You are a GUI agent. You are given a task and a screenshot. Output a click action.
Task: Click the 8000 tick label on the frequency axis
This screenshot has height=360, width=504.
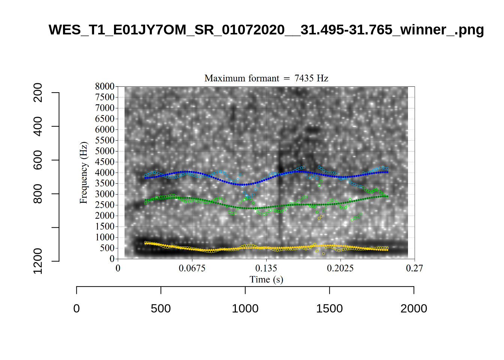[x=105, y=86]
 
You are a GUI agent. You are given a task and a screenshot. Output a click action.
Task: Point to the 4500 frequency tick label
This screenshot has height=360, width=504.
[x=105, y=162]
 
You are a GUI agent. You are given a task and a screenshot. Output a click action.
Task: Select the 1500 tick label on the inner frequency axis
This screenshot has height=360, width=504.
[x=105, y=226]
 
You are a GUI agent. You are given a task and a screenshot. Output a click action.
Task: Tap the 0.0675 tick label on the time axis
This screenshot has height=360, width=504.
[x=192, y=268]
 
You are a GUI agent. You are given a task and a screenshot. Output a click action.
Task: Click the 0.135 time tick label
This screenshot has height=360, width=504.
[x=266, y=268]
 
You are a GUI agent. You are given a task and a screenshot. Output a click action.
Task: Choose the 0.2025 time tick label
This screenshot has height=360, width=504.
[x=340, y=268]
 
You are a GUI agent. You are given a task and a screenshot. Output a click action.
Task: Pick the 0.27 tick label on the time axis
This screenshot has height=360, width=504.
[x=414, y=268]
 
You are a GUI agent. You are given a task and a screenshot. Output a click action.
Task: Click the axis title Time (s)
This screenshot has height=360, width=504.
[x=266, y=279]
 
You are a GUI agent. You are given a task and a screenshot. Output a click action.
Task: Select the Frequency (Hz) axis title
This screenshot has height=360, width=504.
[x=83, y=172]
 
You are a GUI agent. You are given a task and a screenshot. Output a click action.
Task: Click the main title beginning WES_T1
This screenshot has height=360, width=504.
[x=266, y=30]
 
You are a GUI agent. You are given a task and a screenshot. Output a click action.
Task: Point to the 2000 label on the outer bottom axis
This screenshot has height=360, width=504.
[x=414, y=309]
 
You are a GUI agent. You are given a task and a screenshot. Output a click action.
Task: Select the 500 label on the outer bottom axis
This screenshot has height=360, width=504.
[x=161, y=309]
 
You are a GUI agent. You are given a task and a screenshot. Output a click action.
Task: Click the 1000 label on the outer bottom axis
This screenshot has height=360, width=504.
[x=245, y=309]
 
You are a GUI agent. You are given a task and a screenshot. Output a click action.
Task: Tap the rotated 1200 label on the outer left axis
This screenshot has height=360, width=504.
[x=38, y=261]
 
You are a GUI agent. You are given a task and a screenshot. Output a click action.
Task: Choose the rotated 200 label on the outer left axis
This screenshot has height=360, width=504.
[x=38, y=93]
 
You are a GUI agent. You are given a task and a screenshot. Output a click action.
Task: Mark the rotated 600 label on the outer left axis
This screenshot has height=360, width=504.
[x=38, y=160]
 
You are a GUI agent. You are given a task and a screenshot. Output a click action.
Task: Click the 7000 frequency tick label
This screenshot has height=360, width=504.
[x=105, y=108]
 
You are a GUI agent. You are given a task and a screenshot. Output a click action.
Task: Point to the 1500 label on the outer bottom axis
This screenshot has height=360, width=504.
[x=329, y=309]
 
